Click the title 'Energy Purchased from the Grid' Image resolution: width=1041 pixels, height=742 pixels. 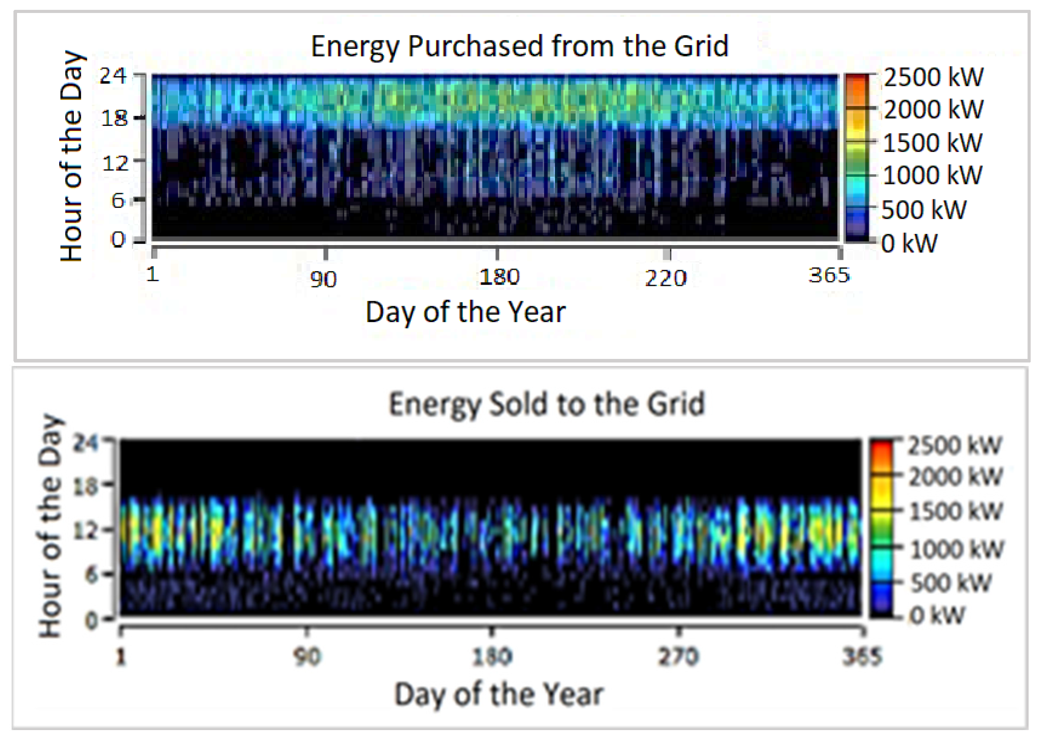(519, 46)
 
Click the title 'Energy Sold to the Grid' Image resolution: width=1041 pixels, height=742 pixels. (547, 404)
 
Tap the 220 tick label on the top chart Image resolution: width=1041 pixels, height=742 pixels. (666, 278)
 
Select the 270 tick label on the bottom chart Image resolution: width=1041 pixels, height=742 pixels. (678, 657)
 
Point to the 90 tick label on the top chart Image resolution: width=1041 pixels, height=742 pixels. (323, 279)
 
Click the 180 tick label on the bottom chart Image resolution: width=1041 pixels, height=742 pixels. (492, 657)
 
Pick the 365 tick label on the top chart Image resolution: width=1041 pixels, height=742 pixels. (829, 276)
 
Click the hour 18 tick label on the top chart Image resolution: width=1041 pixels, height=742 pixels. (114, 119)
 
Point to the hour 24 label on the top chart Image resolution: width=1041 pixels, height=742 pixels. (113, 76)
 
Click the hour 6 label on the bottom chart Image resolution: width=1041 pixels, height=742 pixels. (92, 574)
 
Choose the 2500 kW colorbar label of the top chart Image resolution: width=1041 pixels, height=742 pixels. (933, 77)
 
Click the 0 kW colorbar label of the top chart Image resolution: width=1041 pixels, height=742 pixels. (909, 244)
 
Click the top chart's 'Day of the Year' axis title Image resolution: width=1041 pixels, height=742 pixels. (465, 312)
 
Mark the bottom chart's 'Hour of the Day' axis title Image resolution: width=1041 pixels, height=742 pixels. (50, 526)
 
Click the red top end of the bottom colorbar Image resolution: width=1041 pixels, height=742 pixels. (881, 445)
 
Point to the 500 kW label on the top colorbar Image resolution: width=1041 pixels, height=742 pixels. (924, 210)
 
